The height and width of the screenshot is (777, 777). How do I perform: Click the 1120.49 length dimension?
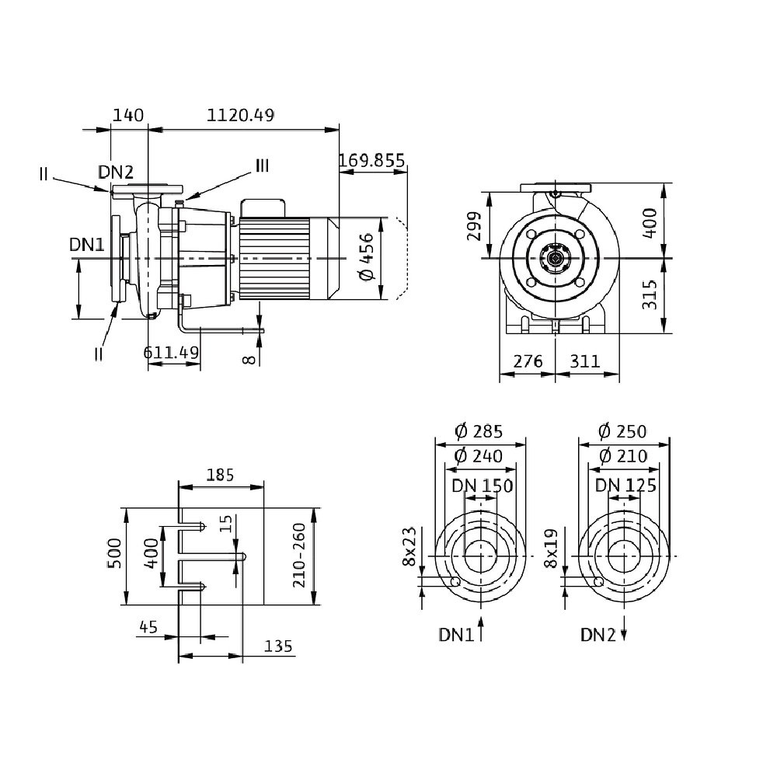[241, 115]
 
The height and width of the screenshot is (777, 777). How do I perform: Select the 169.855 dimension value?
[372, 161]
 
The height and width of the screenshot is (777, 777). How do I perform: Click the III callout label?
[262, 166]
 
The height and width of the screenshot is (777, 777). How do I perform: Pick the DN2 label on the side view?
[116, 172]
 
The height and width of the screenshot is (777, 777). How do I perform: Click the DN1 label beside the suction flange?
[86, 244]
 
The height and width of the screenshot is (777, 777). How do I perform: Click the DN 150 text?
[483, 486]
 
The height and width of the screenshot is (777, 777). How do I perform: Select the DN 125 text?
[625, 486]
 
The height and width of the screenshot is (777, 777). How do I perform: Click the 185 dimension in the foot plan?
[220, 474]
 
